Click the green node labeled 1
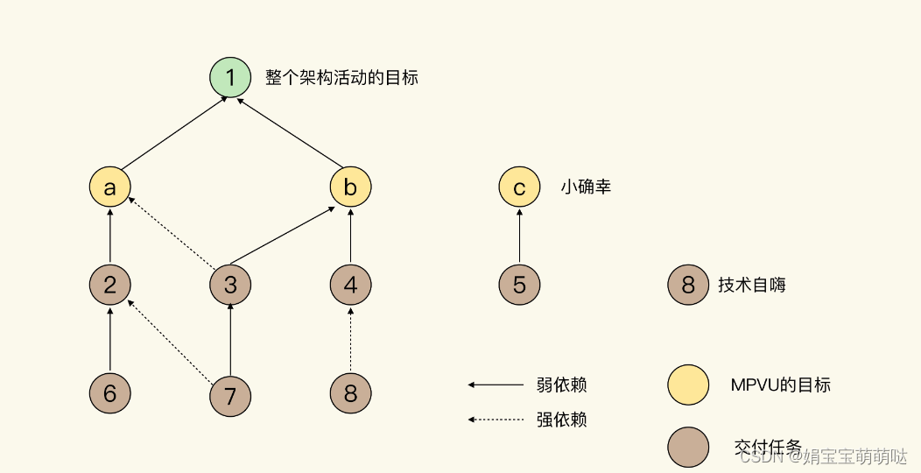[230, 77]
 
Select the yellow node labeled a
[110, 187]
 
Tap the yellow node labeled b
[350, 187]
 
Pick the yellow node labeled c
[519, 187]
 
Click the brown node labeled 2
[110, 285]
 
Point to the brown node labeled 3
[230, 285]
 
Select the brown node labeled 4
[350, 285]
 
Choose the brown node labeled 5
[519, 285]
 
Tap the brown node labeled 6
[110, 394]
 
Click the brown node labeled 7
[230, 397]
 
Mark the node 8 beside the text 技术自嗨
[688, 285]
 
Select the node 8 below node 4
[350, 394]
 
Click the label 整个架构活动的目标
[341, 77]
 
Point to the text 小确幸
[586, 187]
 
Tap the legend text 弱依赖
[561, 385]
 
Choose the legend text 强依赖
[561, 420]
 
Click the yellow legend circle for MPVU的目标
[688, 385]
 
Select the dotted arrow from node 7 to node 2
[171, 342]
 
